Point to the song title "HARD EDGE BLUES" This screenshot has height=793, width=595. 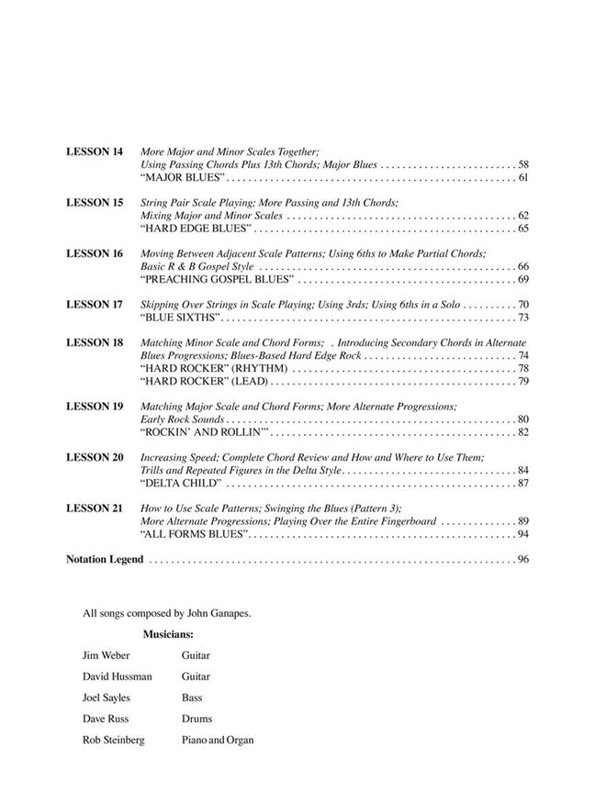[x=195, y=229]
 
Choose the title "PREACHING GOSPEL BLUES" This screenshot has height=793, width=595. [x=217, y=279]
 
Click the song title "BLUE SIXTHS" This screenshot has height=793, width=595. [x=181, y=318]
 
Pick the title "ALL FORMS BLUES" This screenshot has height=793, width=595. [x=192, y=533]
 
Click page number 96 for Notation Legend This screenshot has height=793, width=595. [x=522, y=559]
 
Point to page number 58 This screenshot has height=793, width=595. [x=522, y=164]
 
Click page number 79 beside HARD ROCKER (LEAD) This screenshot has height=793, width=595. [x=522, y=381]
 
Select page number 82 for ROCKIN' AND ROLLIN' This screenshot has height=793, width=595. [x=522, y=431]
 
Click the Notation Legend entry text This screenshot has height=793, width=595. [x=105, y=559]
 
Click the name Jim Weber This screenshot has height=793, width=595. [x=105, y=655]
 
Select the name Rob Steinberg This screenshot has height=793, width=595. [x=112, y=740]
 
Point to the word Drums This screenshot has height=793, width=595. [x=196, y=719]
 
